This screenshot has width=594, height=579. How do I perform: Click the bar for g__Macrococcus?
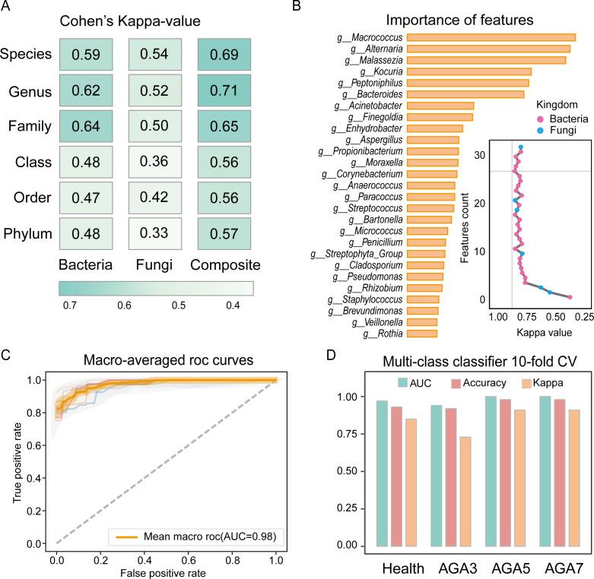pyautogui.click(x=491, y=37)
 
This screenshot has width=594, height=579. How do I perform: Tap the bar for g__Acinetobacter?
pyautogui.click(x=440, y=106)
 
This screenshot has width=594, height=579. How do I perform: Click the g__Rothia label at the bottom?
pyautogui.click(x=383, y=334)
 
